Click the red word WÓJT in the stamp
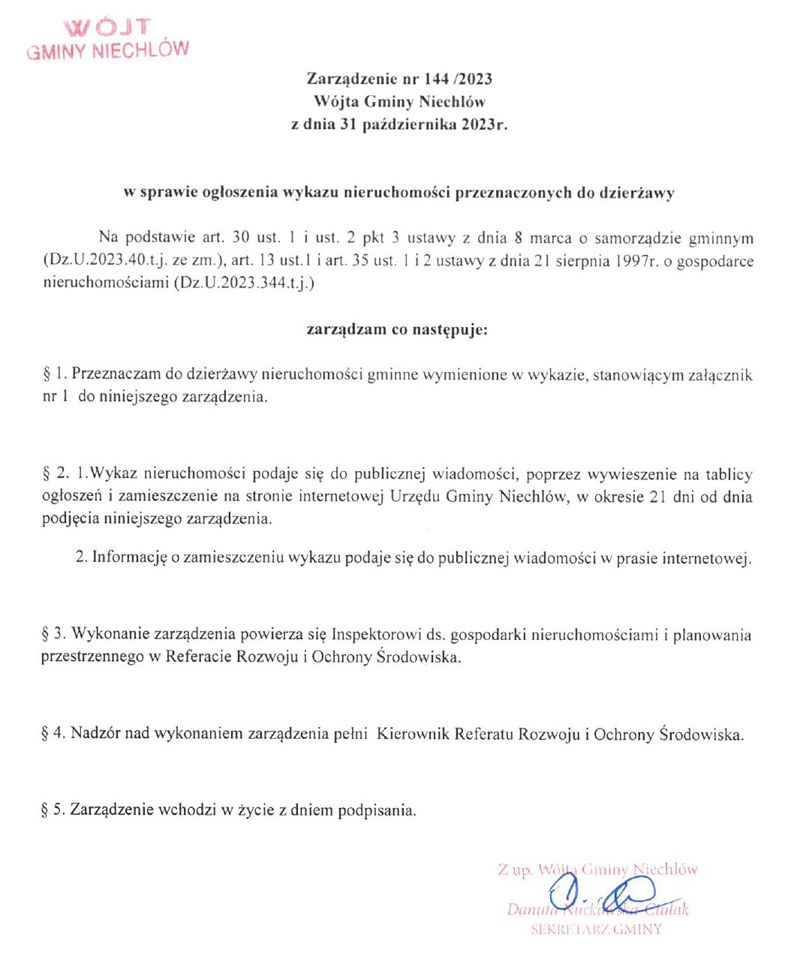(x=107, y=28)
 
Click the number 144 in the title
(x=437, y=79)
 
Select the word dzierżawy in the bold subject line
(x=636, y=193)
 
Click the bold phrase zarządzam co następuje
(x=397, y=329)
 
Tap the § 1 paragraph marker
(x=55, y=374)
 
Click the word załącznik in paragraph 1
(x=720, y=374)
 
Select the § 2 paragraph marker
(x=56, y=474)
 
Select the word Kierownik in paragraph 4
(x=414, y=733)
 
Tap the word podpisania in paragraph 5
(x=376, y=811)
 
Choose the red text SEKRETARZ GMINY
(x=597, y=929)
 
